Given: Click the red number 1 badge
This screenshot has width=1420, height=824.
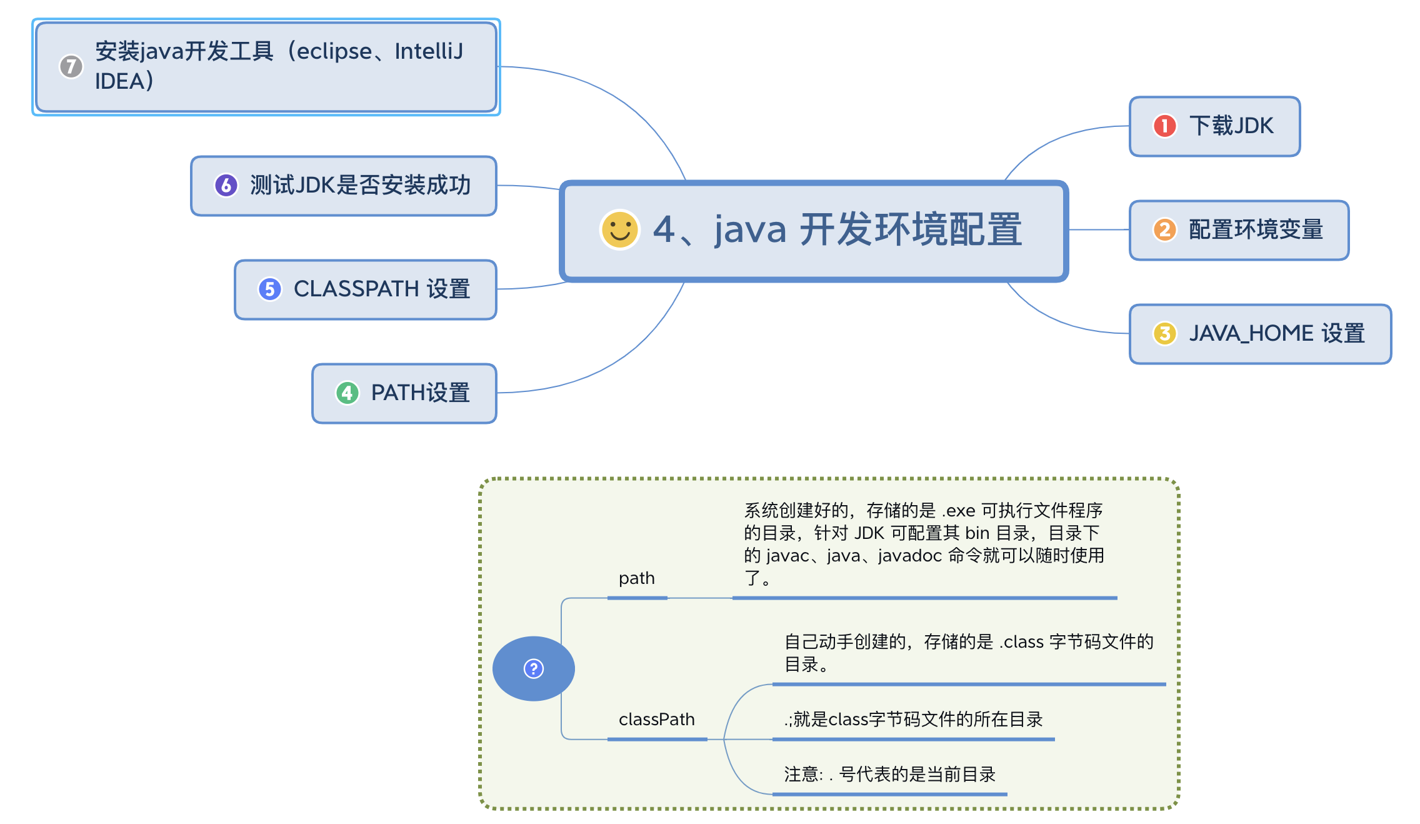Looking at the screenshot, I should [1164, 126].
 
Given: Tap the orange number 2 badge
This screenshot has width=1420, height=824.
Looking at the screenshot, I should [1164, 229].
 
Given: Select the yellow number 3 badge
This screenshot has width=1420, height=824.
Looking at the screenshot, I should [1164, 333].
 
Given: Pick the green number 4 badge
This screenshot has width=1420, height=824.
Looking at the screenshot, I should [347, 393].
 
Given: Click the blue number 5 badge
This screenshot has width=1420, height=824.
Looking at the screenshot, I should [270, 289].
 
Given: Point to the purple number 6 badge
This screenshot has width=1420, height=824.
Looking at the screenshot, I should [226, 185].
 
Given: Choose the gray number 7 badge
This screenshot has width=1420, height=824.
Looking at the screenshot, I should [71, 66].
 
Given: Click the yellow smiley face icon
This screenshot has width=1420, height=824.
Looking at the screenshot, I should [619, 229].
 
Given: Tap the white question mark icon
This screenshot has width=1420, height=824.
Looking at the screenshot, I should [533, 668].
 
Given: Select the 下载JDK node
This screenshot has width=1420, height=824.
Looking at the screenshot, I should [1231, 126].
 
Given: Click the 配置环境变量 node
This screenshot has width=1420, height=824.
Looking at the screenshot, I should [1256, 230].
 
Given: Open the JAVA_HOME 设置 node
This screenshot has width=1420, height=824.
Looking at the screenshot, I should [1276, 334].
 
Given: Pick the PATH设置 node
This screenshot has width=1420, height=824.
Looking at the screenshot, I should [420, 393].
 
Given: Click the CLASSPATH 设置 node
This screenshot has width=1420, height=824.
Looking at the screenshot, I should [381, 289].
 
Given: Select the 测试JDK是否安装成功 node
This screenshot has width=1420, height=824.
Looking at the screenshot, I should [360, 186].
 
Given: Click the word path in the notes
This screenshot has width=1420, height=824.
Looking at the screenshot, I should [636, 578].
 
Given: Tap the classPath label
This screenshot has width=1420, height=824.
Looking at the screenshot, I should [656, 720].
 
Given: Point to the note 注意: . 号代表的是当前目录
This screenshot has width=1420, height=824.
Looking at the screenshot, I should [889, 775].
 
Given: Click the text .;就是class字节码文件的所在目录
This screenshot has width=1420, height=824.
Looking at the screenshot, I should [913, 720].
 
